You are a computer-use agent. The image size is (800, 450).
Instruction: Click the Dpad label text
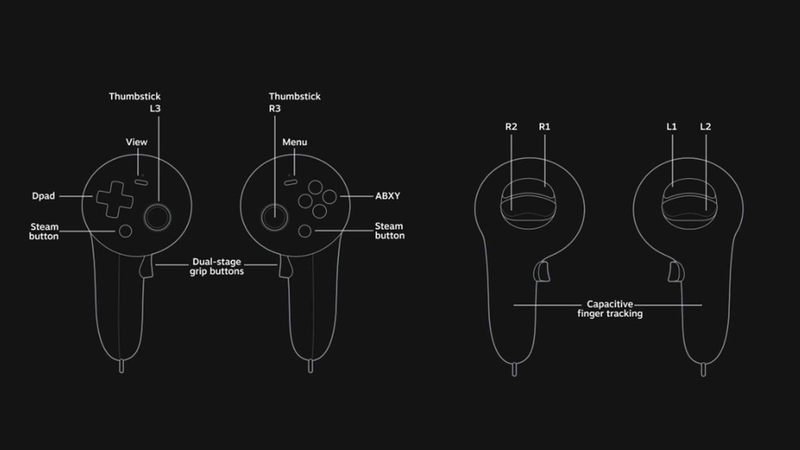tap(43, 196)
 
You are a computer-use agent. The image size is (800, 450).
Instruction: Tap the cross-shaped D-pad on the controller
tap(115, 199)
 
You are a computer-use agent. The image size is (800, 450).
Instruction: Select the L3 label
tap(155, 108)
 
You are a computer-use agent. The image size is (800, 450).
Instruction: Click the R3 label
tap(275, 108)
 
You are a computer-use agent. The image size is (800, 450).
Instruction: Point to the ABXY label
tap(387, 196)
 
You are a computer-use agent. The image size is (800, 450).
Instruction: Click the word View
tap(137, 142)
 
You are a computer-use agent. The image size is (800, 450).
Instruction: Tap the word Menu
tap(295, 142)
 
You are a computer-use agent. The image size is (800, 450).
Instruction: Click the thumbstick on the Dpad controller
tap(157, 217)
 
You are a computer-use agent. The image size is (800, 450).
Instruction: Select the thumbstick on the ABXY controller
tap(275, 217)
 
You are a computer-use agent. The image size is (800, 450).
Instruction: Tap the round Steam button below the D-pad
tap(125, 231)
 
